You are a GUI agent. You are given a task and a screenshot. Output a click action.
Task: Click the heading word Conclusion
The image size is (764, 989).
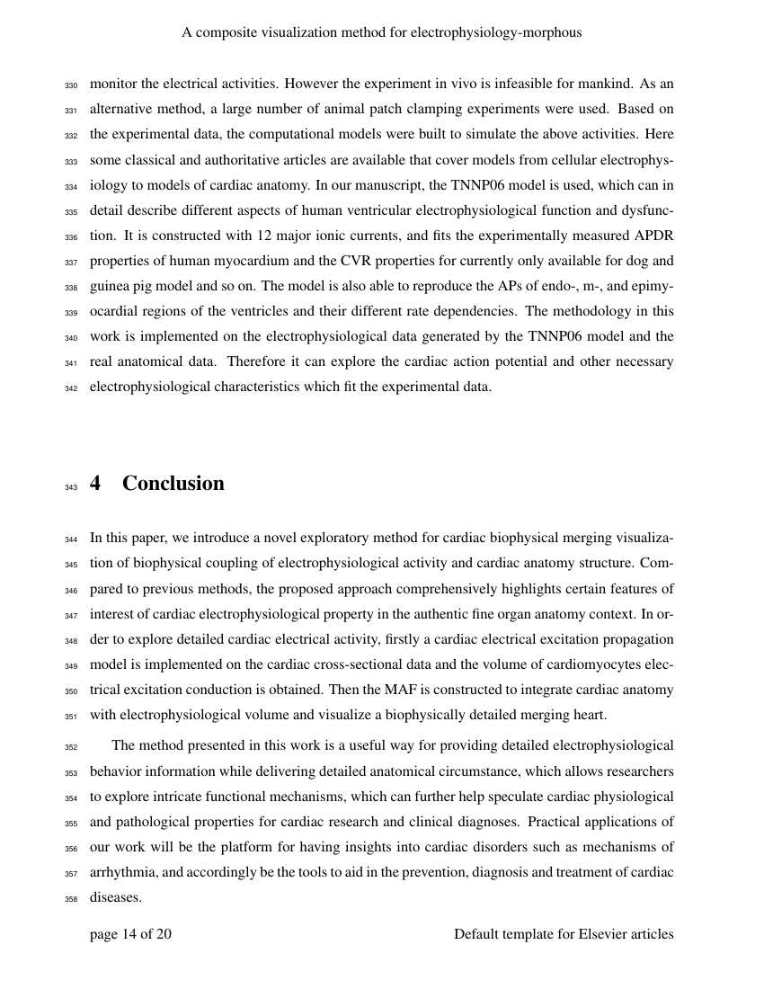173,484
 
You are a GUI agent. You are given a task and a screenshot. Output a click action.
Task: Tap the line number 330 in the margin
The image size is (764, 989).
72,85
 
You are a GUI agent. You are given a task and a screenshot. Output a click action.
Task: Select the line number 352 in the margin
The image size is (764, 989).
72,747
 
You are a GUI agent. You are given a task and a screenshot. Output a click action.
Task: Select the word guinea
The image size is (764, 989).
110,286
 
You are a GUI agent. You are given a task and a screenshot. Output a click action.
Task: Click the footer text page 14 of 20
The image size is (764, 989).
130,934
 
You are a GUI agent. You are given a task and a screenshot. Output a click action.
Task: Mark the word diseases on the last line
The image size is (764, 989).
115,897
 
